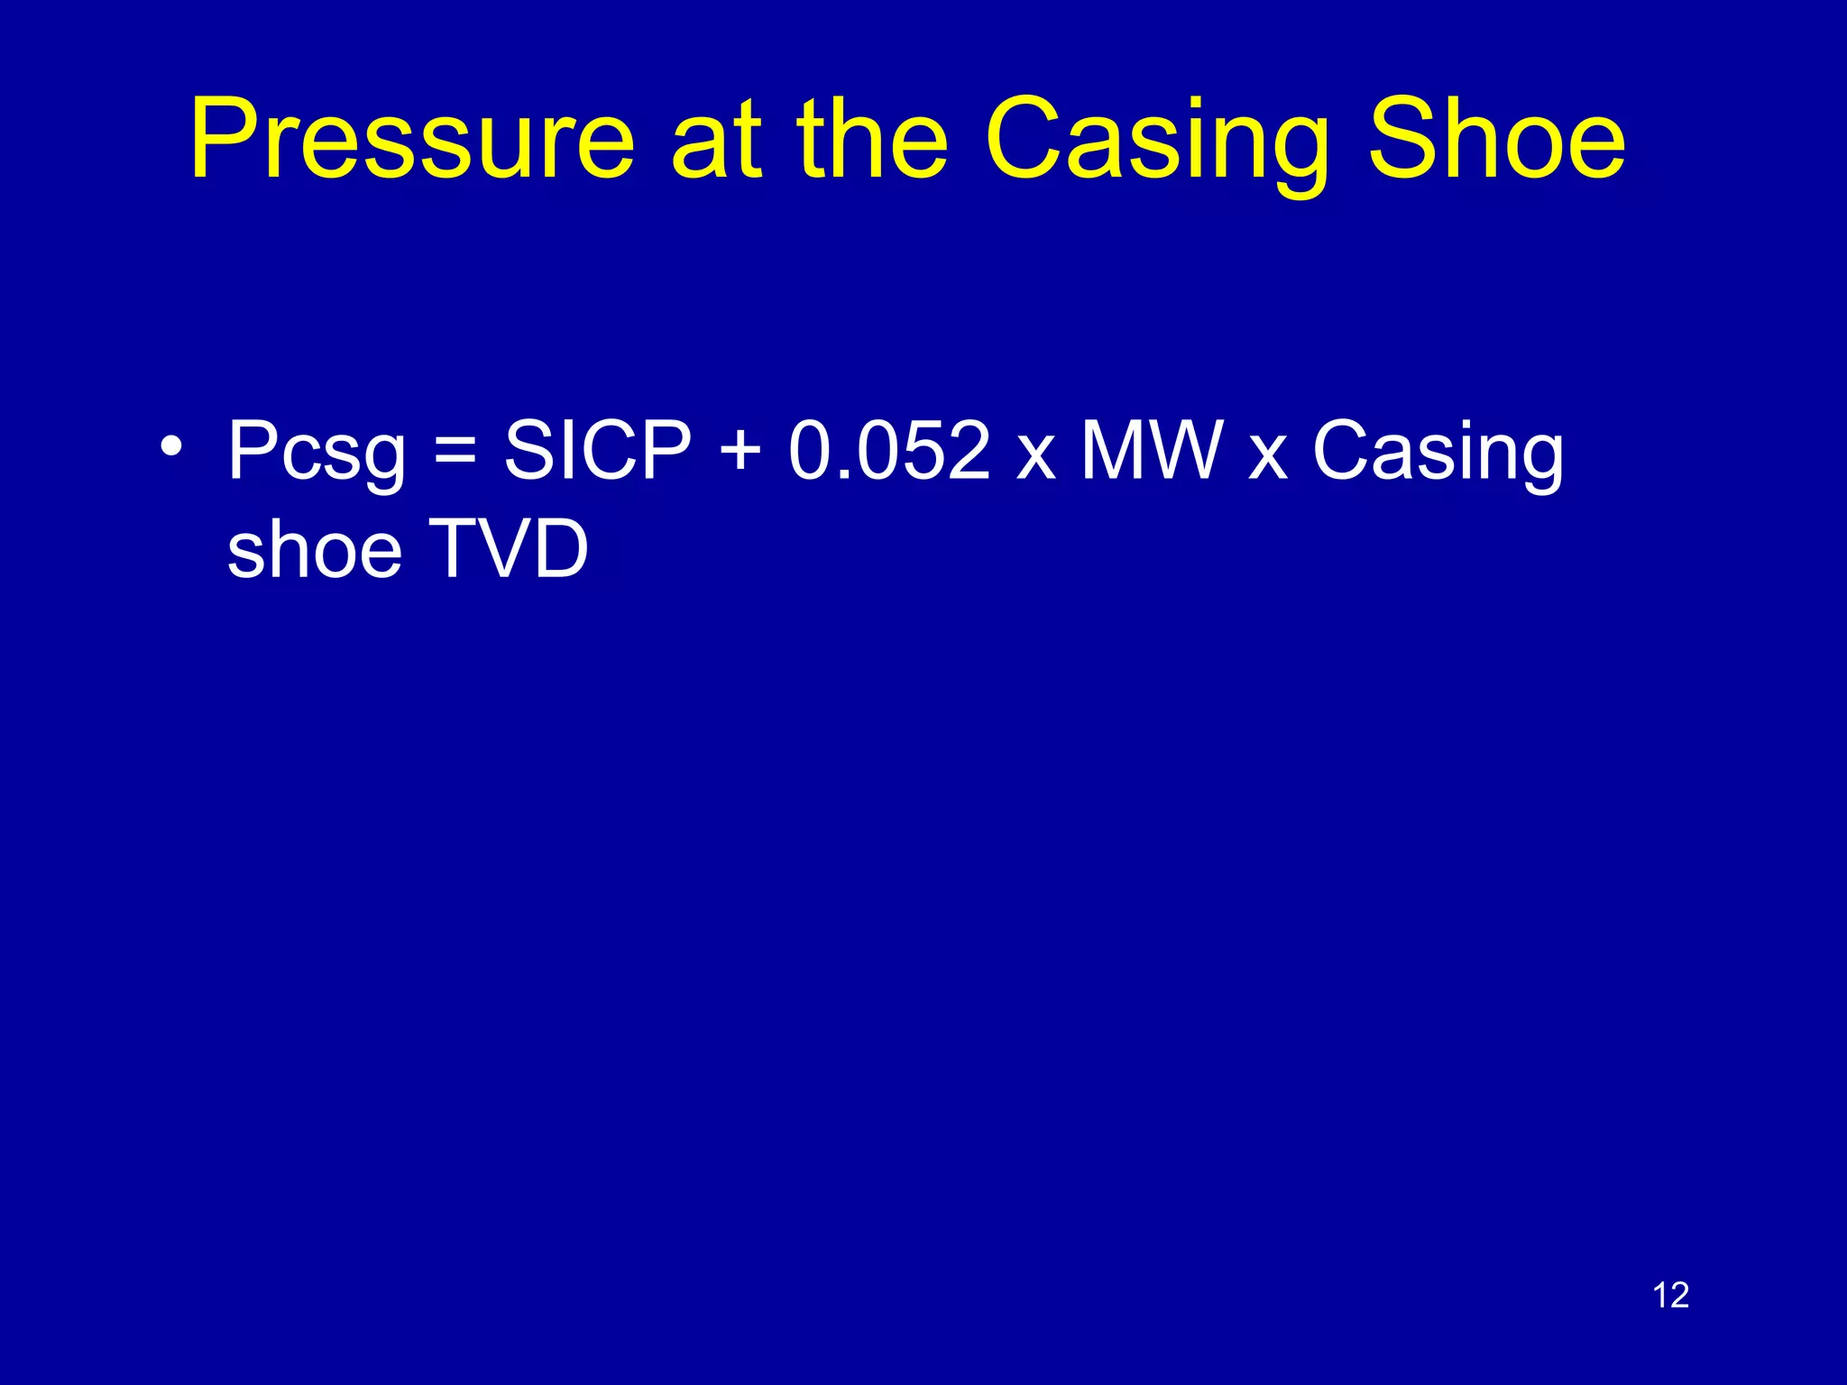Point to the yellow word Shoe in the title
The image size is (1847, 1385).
(1497, 140)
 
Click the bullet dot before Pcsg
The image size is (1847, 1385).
(170, 445)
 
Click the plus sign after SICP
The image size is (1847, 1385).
(740, 451)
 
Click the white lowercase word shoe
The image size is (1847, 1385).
(314, 549)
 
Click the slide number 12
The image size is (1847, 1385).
(1670, 1296)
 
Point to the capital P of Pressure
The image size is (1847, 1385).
(221, 140)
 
